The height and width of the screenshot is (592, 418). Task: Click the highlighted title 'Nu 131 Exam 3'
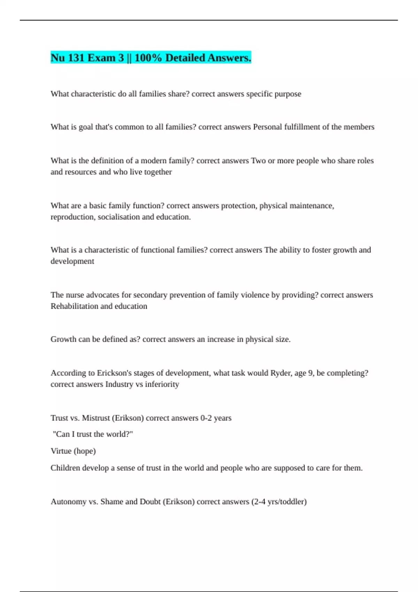tap(87, 58)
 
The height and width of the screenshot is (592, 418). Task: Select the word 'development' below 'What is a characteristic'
tap(72, 261)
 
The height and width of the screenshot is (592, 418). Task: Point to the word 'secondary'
tap(150, 295)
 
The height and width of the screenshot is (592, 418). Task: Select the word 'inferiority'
tap(162, 384)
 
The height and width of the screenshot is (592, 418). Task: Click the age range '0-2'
tap(206, 418)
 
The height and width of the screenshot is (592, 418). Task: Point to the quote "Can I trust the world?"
tap(93, 434)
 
